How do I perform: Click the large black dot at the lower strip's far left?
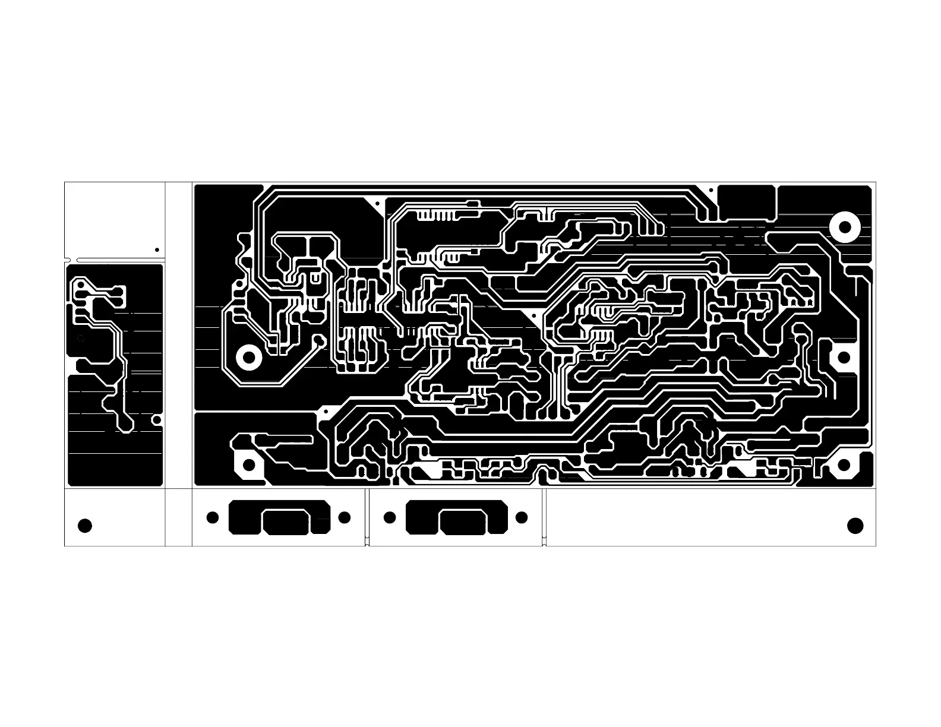click(85, 526)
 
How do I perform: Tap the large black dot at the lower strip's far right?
click(855, 526)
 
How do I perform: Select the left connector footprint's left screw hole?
click(212, 517)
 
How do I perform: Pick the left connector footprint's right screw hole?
click(344, 517)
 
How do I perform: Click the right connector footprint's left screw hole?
click(390, 517)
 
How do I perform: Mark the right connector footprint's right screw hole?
click(522, 517)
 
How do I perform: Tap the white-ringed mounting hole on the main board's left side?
click(249, 357)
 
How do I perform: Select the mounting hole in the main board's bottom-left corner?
click(249, 464)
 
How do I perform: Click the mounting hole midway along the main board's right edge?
click(844, 357)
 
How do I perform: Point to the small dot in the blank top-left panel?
click(157, 250)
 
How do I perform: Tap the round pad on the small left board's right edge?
click(157, 420)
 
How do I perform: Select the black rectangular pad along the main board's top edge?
click(747, 202)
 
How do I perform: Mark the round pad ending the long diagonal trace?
click(319, 340)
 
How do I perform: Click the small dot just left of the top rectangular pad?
click(711, 189)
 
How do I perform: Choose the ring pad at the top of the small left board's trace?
click(79, 286)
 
